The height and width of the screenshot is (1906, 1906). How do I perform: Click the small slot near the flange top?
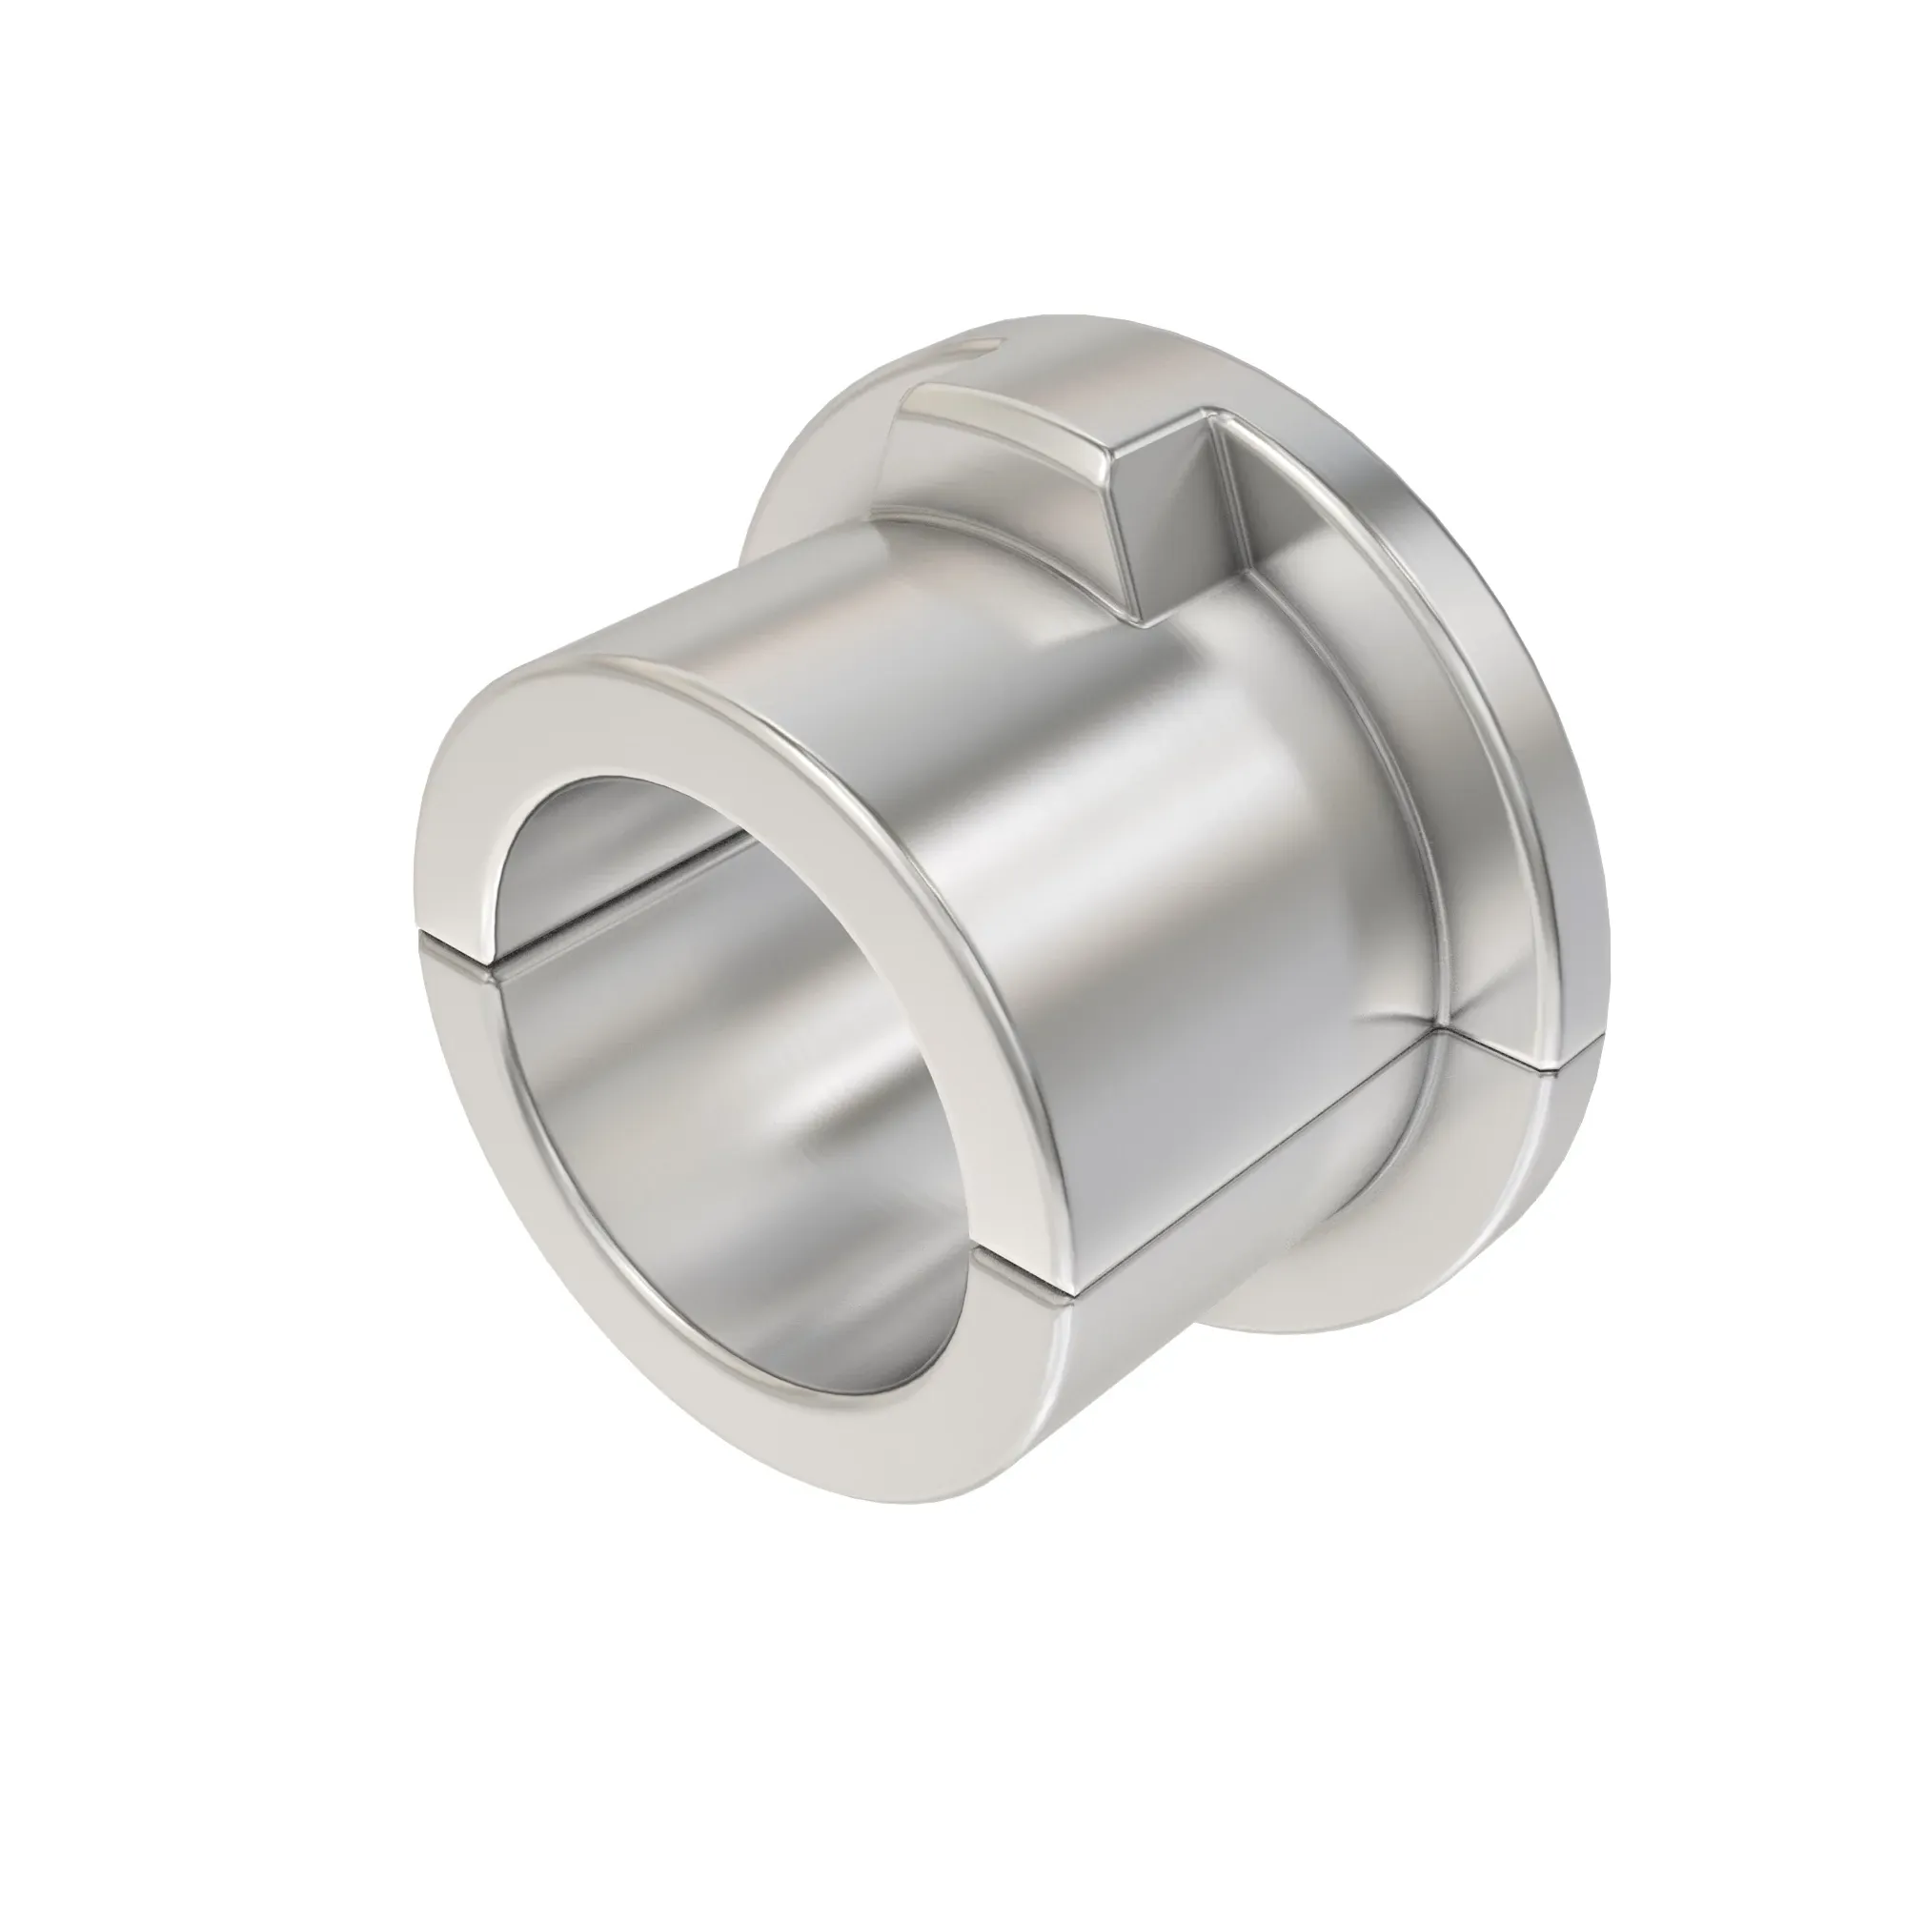coord(972,347)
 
